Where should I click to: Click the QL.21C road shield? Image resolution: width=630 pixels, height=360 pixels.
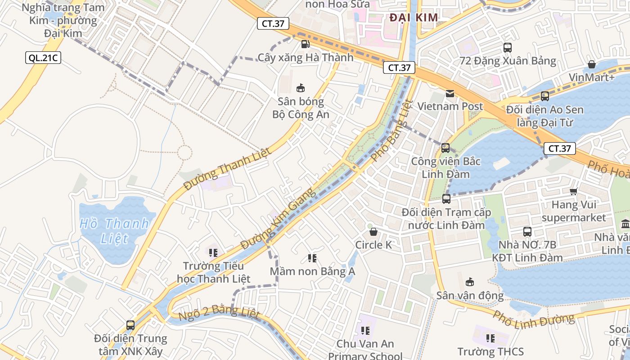pyautogui.click(x=43, y=58)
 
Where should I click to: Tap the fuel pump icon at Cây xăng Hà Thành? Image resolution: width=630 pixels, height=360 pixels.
pyautogui.click(x=305, y=44)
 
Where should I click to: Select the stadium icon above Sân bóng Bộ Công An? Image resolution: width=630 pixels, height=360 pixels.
pyautogui.click(x=300, y=88)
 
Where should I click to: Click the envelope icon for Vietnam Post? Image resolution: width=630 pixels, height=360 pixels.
pyautogui.click(x=450, y=94)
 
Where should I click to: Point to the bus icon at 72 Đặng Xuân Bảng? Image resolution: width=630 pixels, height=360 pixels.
pyautogui.click(x=508, y=47)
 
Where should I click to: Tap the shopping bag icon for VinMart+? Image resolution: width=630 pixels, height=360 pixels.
pyautogui.click(x=592, y=64)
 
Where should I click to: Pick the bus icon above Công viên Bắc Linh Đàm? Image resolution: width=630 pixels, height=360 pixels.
pyautogui.click(x=445, y=148)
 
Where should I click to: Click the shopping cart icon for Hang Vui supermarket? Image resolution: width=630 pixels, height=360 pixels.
pyautogui.click(x=573, y=192)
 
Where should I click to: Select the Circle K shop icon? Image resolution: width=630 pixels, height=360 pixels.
pyautogui.click(x=373, y=232)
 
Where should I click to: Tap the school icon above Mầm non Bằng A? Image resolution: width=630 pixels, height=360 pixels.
pyautogui.click(x=312, y=258)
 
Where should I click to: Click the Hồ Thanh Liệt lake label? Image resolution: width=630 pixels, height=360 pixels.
pyautogui.click(x=114, y=230)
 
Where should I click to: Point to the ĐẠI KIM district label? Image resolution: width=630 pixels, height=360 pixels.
pyautogui.click(x=414, y=18)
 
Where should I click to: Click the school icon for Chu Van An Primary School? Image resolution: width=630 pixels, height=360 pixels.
pyautogui.click(x=365, y=331)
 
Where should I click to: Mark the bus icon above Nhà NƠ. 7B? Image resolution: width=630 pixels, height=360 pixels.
pyautogui.click(x=527, y=232)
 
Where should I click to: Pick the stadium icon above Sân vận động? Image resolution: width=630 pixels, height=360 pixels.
pyautogui.click(x=470, y=282)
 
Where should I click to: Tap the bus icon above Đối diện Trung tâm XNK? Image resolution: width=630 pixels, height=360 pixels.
pyautogui.click(x=130, y=325)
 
